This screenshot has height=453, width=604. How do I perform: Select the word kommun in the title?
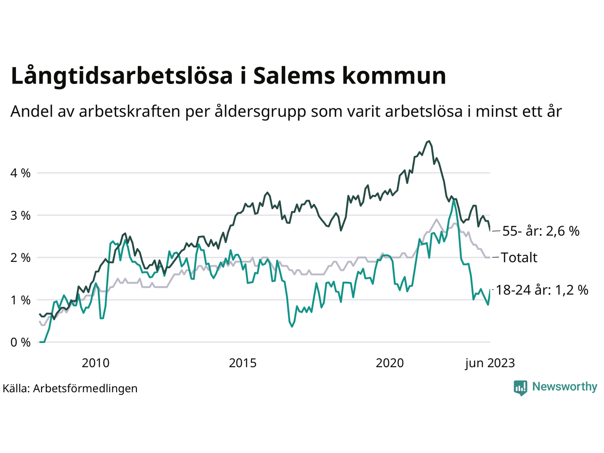click(394, 75)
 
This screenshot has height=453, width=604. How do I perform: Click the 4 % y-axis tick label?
click(20, 173)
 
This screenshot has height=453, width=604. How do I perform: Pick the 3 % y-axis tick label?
click(20, 216)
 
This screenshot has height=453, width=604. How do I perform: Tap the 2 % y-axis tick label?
click(20, 258)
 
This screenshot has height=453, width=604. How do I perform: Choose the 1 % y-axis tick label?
click(20, 301)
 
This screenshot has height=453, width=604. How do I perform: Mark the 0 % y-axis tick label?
click(20, 343)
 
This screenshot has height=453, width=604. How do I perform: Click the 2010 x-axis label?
click(95, 363)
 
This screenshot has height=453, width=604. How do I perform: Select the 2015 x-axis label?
click(243, 363)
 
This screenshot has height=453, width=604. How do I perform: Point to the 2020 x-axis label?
click(390, 363)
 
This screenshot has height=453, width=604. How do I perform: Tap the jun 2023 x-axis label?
click(490, 363)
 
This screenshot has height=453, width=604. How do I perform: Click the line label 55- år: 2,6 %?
click(541, 231)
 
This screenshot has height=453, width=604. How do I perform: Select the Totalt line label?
click(519, 258)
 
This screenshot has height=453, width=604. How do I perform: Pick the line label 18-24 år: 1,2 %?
click(542, 290)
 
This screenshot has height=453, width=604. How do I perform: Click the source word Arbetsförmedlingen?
click(85, 388)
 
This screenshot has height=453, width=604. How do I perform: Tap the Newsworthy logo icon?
click(520, 387)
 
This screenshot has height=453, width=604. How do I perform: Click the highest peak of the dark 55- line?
click(428, 141)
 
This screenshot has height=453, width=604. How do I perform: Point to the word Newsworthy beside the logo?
click(564, 387)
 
